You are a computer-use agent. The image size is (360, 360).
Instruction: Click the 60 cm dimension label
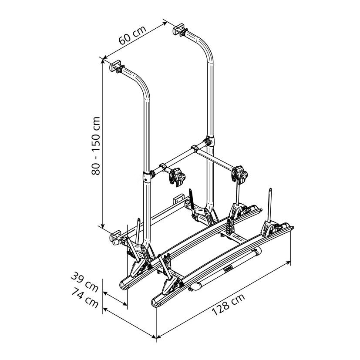(132, 35)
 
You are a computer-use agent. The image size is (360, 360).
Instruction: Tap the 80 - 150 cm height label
(96, 146)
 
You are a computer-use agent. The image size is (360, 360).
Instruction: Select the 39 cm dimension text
(84, 282)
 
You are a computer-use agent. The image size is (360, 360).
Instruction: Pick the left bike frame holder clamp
(177, 177)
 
